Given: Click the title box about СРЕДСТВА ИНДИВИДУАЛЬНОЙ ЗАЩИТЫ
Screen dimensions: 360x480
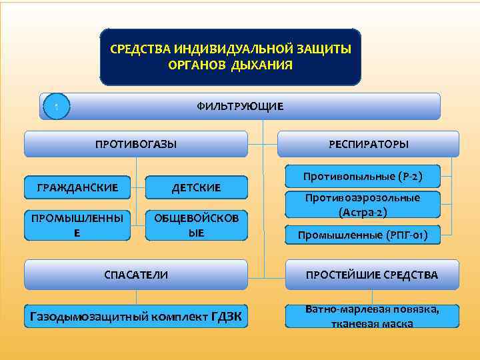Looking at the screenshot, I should point(230,57).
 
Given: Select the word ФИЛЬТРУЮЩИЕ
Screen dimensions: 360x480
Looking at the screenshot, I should point(240,107).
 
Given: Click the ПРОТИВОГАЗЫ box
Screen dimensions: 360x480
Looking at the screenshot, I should point(136,144).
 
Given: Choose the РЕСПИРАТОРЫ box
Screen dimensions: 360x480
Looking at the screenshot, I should point(368,144).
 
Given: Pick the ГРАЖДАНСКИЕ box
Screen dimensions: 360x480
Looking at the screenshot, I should point(77,188).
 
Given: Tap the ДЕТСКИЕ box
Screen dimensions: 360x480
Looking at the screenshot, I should point(196,188).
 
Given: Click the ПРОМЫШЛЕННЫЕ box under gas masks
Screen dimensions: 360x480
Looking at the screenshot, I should point(77,226).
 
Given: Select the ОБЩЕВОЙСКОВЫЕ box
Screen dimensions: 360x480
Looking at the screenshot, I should point(196,226).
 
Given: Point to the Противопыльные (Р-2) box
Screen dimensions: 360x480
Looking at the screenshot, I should point(363,177).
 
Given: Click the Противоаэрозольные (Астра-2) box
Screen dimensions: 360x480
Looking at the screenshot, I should point(363,205).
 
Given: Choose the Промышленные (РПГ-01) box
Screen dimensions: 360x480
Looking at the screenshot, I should point(363,235).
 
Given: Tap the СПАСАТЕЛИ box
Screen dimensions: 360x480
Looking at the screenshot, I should point(136,275).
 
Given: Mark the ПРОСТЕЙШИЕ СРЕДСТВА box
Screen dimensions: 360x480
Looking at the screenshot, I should point(371,275).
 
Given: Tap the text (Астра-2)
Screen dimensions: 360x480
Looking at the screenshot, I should point(363,213).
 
